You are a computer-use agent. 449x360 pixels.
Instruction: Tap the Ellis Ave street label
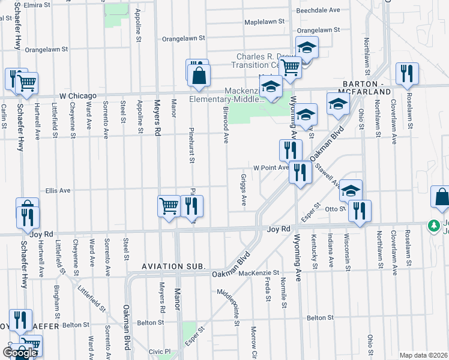(x=58, y=191)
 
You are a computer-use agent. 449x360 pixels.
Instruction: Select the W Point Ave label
(x=271, y=168)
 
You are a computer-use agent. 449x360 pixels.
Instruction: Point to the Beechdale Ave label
(x=318, y=10)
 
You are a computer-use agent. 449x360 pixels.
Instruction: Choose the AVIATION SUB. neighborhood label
(x=174, y=266)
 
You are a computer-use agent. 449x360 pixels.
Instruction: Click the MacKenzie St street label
(x=259, y=272)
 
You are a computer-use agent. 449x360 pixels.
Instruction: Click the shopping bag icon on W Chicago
(x=199, y=76)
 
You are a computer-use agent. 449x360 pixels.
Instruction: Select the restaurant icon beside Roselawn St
(x=408, y=74)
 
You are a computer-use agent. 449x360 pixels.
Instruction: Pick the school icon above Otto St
(x=351, y=191)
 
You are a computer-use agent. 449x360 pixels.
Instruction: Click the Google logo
(x=20, y=353)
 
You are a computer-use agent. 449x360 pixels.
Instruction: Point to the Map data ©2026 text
(x=424, y=355)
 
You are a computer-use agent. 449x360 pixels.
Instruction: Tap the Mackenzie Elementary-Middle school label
(x=227, y=95)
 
